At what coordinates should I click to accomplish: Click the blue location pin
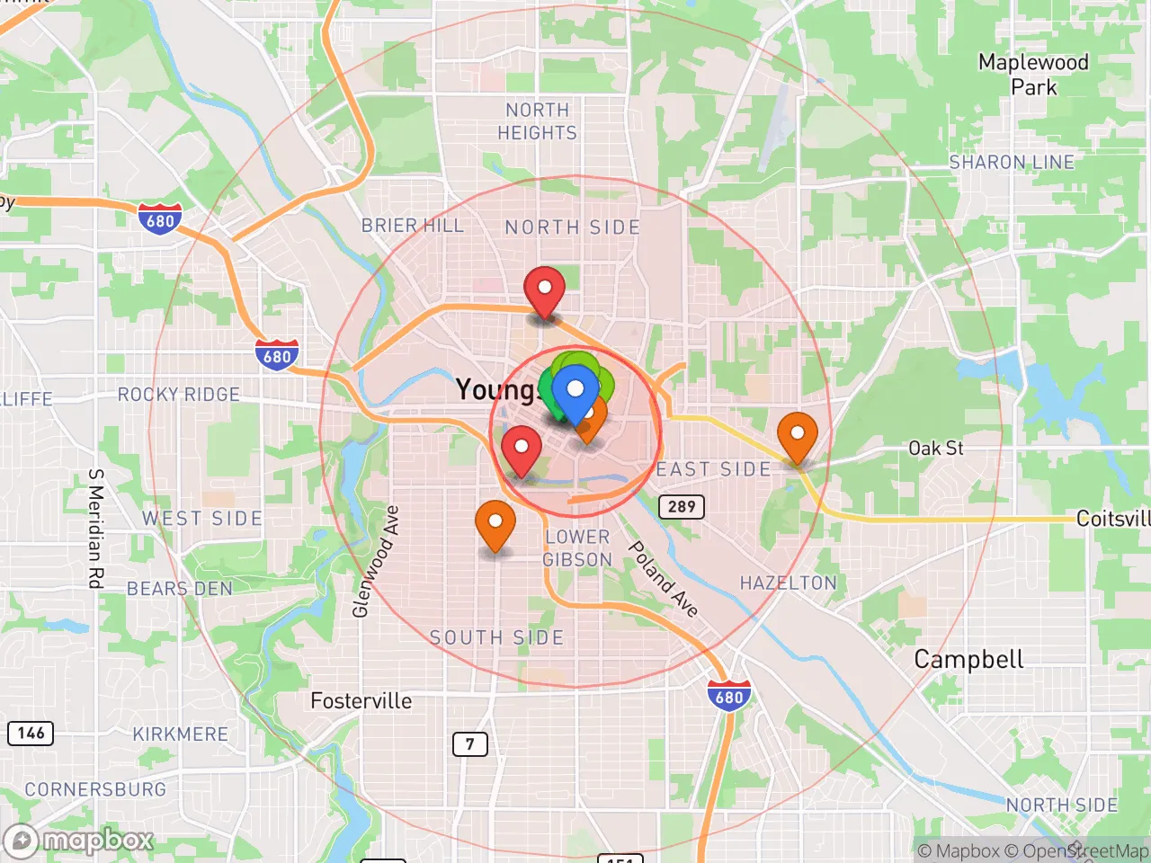[x=575, y=391]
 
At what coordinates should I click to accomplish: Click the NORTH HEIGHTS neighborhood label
[x=537, y=121]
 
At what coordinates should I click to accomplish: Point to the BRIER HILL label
[x=412, y=226]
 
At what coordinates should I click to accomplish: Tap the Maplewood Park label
[x=1033, y=75]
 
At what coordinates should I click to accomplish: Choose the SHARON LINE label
[x=1012, y=163]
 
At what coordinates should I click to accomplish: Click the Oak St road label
[x=935, y=448]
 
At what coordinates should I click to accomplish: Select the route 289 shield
[x=682, y=506]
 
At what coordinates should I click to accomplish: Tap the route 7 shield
[x=469, y=744]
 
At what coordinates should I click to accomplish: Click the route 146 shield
[x=31, y=733]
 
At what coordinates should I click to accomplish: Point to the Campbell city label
[x=968, y=660]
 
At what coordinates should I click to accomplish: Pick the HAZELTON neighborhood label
[x=788, y=583]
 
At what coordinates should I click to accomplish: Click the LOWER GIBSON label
[x=577, y=548]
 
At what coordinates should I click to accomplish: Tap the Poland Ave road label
[x=663, y=579]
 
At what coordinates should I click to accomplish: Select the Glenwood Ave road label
[x=375, y=562]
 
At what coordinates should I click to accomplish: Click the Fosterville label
[x=361, y=701]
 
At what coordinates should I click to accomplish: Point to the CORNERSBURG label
[x=95, y=789]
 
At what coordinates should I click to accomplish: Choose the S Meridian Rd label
[x=95, y=529]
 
